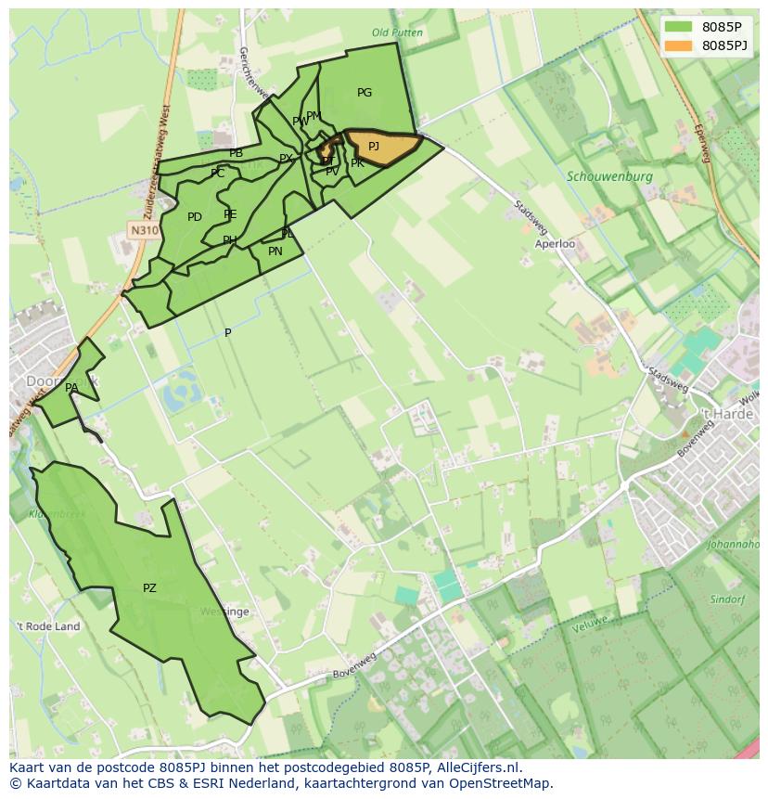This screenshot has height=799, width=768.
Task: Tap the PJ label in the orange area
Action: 374,147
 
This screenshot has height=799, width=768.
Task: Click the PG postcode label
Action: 365,93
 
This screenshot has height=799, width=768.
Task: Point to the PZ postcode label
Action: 149,588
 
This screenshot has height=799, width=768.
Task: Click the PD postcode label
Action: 195,218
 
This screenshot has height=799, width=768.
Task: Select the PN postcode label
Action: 275,251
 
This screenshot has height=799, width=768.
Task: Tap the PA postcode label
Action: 71,388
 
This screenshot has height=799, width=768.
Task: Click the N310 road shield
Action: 144,230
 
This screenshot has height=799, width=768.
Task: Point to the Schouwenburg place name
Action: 609,176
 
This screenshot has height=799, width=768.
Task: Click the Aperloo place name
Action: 555,244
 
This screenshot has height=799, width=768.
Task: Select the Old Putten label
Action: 397,33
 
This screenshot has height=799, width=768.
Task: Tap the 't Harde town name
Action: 726,414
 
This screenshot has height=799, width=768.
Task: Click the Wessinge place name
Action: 224,612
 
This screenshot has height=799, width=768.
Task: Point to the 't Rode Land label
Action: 47,626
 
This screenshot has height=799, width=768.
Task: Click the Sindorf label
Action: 727,599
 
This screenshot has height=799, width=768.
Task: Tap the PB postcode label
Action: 237,154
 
